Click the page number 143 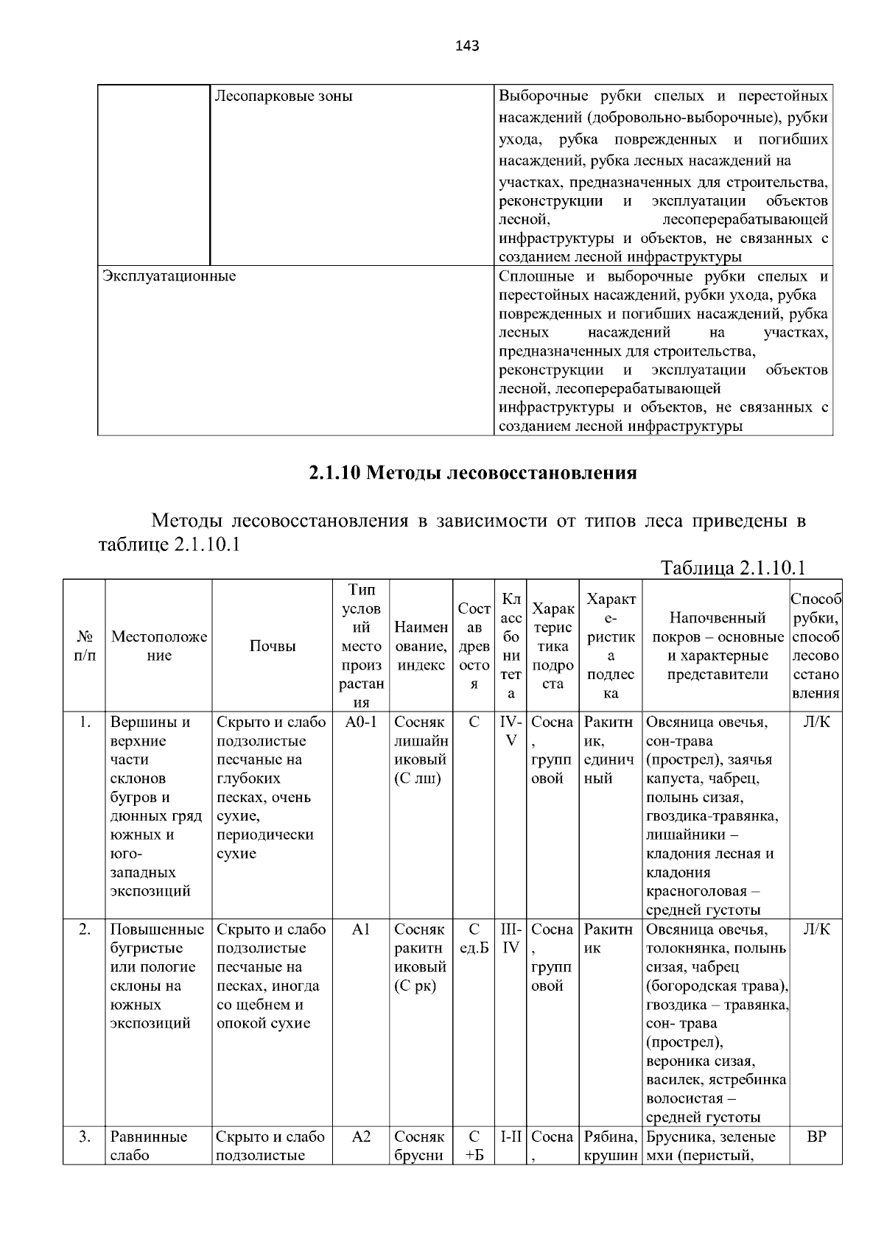[467, 46]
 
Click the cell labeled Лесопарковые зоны [283, 96]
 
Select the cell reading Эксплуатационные [169, 276]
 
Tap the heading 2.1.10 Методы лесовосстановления [472, 472]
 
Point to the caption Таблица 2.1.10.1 [732, 567]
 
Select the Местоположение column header [159, 646]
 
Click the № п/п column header [84, 646]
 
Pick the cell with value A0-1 [360, 722]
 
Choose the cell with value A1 [360, 930]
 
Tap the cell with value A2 [360, 1137]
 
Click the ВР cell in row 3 [815, 1137]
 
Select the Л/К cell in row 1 [815, 722]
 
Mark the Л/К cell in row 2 [815, 930]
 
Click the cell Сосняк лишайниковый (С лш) [420, 750]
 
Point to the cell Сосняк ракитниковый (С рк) [420, 958]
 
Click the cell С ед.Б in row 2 [474, 938]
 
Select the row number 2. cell [84, 930]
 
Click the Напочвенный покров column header [716, 646]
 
